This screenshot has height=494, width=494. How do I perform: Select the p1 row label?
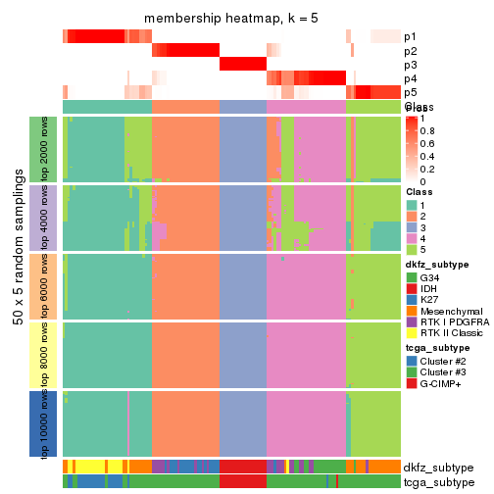point(409,36)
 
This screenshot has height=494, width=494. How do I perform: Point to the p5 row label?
point(409,92)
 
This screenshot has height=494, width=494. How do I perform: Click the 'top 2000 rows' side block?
point(36,149)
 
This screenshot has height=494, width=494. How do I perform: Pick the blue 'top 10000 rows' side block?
point(36,423)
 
